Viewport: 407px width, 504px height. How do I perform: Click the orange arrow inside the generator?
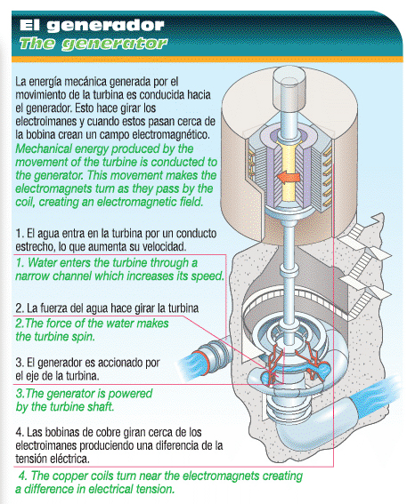tap(289, 177)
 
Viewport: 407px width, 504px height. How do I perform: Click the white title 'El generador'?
tap(92, 26)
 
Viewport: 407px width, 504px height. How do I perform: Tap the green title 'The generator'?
tap(94, 44)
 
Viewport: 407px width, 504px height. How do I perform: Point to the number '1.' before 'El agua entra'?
tap(20, 234)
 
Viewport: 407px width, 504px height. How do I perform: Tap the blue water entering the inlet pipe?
tap(191, 364)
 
